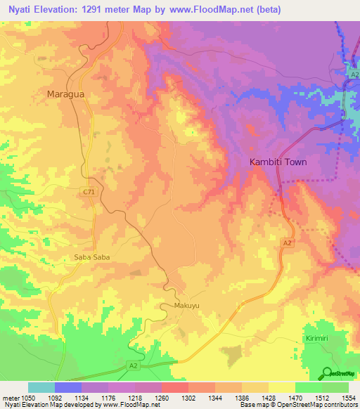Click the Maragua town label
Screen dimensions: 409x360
click(66, 93)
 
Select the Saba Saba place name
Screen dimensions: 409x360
click(92, 257)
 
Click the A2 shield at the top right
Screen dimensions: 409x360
click(354, 74)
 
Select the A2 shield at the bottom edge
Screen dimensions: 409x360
click(133, 365)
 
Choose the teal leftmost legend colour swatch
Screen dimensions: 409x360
click(41, 387)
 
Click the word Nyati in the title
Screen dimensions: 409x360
click(20, 10)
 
